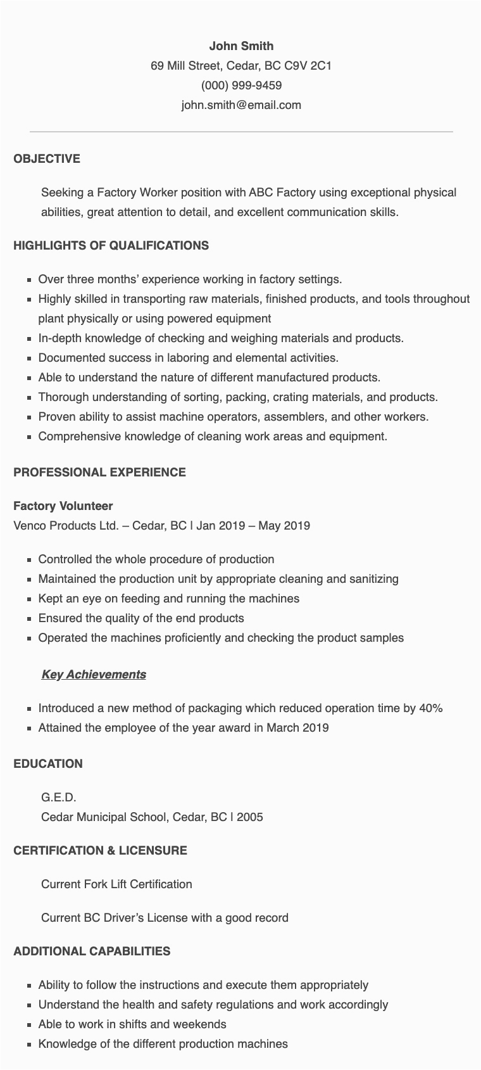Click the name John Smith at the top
pos(241,46)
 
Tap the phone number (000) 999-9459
pos(241,85)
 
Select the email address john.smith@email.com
pos(241,105)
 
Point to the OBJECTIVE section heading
pos(47,158)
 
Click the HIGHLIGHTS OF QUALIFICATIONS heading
pos(111,245)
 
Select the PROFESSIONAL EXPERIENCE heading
pos(99,472)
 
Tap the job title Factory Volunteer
pos(63,506)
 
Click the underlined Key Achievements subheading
pos(94,674)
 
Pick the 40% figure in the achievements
pos(431,708)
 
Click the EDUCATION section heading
pos(48,763)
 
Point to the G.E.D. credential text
pos(58,797)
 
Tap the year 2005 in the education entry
pos(250,817)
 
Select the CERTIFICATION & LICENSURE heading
pos(100,850)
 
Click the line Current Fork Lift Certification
pos(116,884)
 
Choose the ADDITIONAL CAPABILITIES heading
pos(92,951)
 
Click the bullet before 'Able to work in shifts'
pos(30,1025)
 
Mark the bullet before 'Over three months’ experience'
pos(30,279)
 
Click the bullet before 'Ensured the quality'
pos(30,618)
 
